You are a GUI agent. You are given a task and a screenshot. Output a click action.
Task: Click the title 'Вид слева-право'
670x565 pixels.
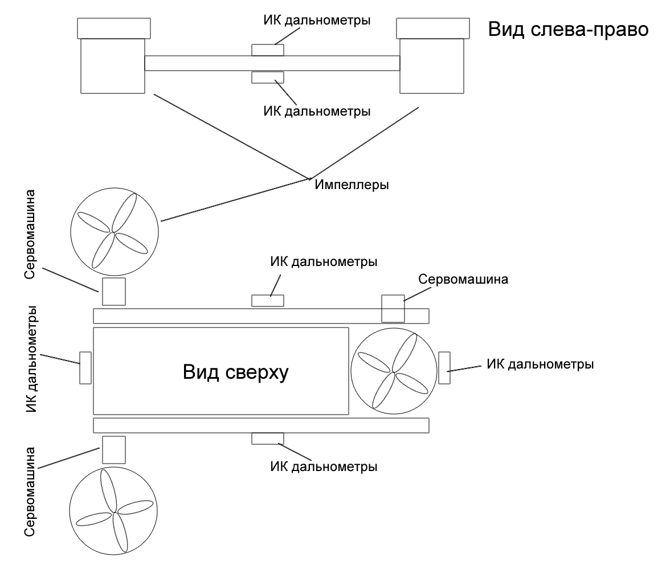coord(569,30)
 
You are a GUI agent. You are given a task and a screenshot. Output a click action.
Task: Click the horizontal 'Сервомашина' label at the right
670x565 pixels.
coord(463,280)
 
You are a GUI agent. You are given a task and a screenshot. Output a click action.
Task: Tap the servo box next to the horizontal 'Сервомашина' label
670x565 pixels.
coord(393,308)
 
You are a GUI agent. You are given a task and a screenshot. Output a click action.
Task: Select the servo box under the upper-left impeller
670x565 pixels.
coord(113,292)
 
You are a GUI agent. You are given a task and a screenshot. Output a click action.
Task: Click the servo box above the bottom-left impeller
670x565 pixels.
coord(113,449)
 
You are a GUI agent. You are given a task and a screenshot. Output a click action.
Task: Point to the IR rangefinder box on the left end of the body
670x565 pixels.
coord(85,367)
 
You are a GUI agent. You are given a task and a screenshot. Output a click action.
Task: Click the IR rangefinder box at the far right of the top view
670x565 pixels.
coord(444,369)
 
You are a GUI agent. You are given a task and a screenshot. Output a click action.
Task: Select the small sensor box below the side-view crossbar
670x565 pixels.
coord(268,77)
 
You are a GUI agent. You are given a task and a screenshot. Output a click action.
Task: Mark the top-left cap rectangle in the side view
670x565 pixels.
coord(114,28)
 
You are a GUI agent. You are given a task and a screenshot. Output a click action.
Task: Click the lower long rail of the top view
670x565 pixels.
coord(261,424)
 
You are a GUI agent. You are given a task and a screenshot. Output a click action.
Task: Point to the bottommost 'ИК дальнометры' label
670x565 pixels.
coord(324,467)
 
